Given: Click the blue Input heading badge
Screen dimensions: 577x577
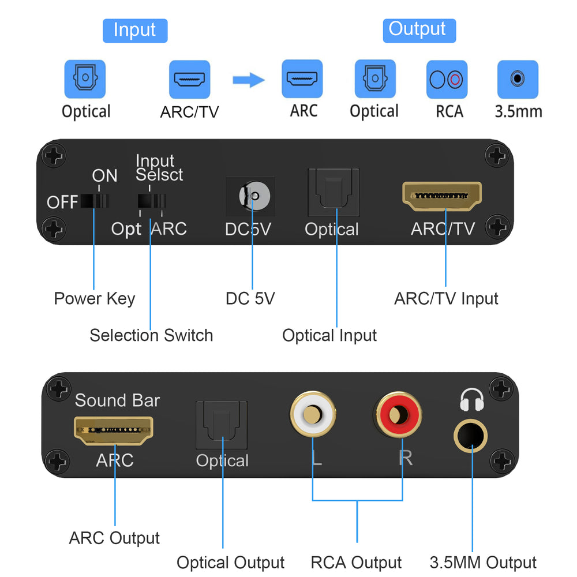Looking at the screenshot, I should (134, 30).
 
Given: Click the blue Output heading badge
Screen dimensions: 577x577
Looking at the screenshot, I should (419, 30).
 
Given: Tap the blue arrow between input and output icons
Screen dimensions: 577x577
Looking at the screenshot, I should (248, 80).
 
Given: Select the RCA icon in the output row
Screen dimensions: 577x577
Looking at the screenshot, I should (447, 80).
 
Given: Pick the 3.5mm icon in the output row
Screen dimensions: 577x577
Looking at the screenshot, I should (518, 80).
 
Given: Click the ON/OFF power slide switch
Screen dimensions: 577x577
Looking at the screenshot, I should (95, 201).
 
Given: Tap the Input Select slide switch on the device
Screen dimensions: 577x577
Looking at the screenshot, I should (151, 201).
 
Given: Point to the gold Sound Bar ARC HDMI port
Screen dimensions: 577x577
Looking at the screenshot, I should (113, 428).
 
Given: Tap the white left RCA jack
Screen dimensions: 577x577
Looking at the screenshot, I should (313, 414).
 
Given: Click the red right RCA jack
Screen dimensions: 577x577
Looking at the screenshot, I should (397, 414).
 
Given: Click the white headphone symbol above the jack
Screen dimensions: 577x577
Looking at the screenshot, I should (471, 398).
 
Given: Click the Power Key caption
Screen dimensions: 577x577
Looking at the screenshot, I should (94, 298).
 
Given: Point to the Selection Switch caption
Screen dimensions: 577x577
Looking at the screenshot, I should (151, 335).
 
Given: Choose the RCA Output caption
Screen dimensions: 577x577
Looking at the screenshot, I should (356, 563).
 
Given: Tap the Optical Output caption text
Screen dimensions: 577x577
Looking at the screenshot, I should (230, 563).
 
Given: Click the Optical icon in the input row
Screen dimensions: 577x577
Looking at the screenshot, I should (85, 80).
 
